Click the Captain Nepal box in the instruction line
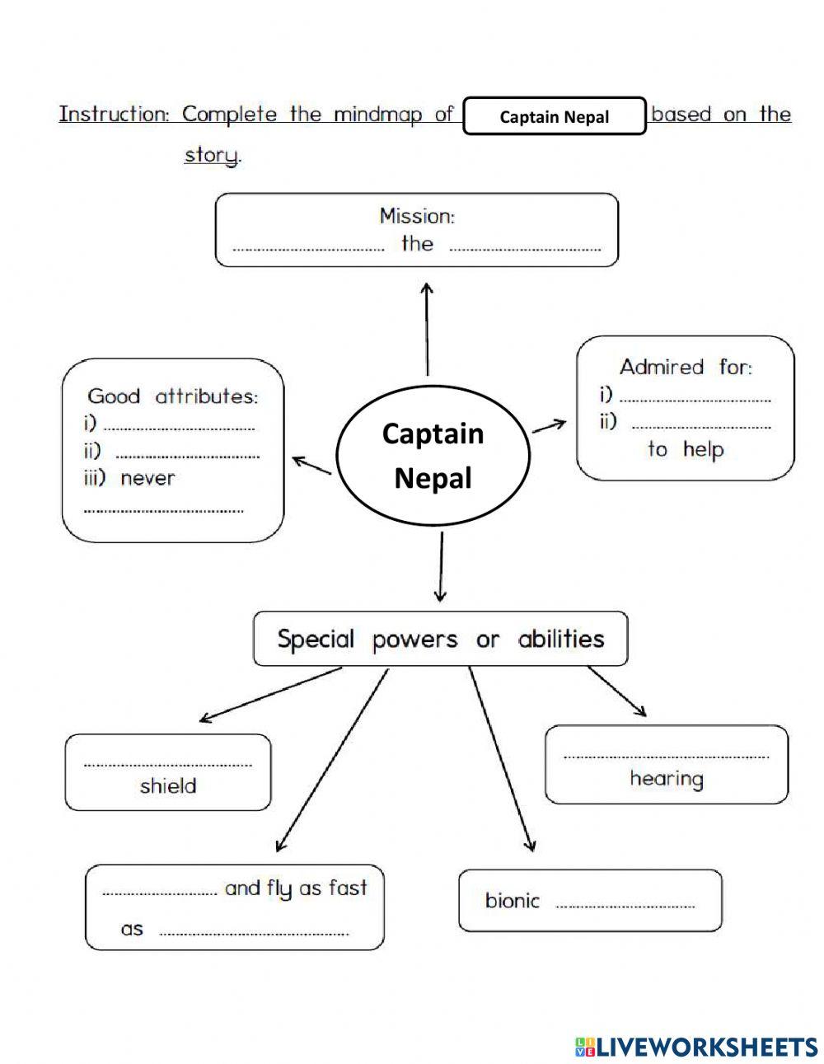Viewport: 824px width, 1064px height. click(x=554, y=116)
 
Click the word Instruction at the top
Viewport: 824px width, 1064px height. click(x=114, y=114)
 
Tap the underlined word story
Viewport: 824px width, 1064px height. click(x=212, y=154)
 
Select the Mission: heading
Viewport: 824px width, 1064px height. click(x=417, y=216)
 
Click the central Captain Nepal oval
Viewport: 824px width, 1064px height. click(x=433, y=455)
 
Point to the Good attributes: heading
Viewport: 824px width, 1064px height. click(x=173, y=396)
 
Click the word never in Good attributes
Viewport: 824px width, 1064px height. click(x=148, y=478)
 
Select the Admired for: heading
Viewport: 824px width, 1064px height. click(x=686, y=367)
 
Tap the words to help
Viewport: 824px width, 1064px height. click(x=686, y=449)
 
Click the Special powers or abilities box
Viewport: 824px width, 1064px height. click(x=440, y=639)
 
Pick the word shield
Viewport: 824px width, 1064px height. click(x=168, y=785)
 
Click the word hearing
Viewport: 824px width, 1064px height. click(x=667, y=779)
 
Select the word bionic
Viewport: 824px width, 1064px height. click(x=513, y=900)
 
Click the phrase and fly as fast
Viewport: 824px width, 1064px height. click(x=296, y=888)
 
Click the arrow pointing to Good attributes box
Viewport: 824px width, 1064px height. click(x=312, y=466)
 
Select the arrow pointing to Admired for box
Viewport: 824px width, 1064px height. click(x=549, y=425)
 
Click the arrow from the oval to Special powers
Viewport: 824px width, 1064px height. click(x=441, y=567)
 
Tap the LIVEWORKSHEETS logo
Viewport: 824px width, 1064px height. click(x=696, y=1047)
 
